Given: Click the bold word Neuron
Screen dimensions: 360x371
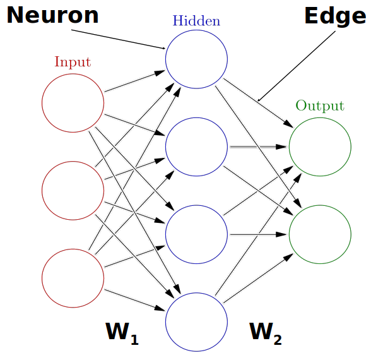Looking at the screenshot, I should coord(53,15).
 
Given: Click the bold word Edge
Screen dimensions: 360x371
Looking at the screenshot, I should coord(334,16).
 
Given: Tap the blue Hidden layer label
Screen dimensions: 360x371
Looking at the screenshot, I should coord(196,21).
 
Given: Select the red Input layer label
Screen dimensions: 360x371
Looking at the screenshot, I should coord(73,62).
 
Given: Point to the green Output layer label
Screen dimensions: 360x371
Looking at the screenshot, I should coord(320,105).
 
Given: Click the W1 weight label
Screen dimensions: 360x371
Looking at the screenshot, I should coord(121,332).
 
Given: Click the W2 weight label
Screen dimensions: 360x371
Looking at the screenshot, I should coord(265,332).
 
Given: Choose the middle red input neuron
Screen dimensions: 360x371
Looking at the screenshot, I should coord(73,189).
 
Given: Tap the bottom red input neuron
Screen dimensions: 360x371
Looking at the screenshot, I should coord(73,277).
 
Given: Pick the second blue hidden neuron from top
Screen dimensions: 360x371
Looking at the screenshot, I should coord(196,147).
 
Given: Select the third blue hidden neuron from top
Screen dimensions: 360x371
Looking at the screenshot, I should coord(196,234).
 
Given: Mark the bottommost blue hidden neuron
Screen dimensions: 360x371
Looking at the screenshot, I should coord(196,321).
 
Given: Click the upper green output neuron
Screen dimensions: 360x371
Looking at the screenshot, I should coord(320,147).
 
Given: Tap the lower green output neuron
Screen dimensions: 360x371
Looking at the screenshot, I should coord(320,234).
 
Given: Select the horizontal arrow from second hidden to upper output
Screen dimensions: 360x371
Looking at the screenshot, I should coord(258,147).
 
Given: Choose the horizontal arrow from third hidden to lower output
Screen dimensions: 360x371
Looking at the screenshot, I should coord(258,234).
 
